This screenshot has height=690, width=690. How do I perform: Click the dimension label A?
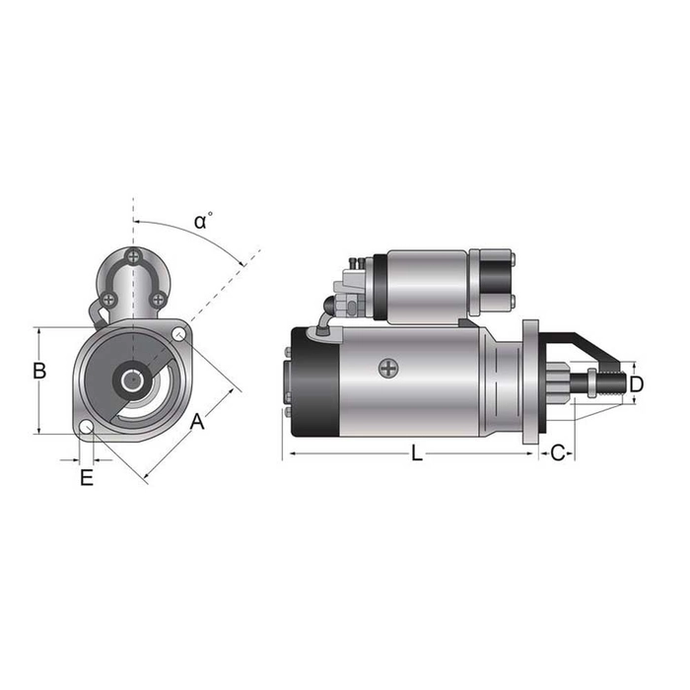[197, 421]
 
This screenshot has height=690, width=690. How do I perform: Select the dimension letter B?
[39, 372]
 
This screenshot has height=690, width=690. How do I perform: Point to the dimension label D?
[637, 382]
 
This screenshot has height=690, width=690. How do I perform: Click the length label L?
[417, 453]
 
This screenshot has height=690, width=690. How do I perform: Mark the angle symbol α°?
[203, 220]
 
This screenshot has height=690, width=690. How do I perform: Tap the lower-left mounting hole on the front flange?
[87, 428]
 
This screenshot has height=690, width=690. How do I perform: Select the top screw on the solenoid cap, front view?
[134, 258]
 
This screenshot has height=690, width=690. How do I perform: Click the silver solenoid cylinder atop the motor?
[424, 283]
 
